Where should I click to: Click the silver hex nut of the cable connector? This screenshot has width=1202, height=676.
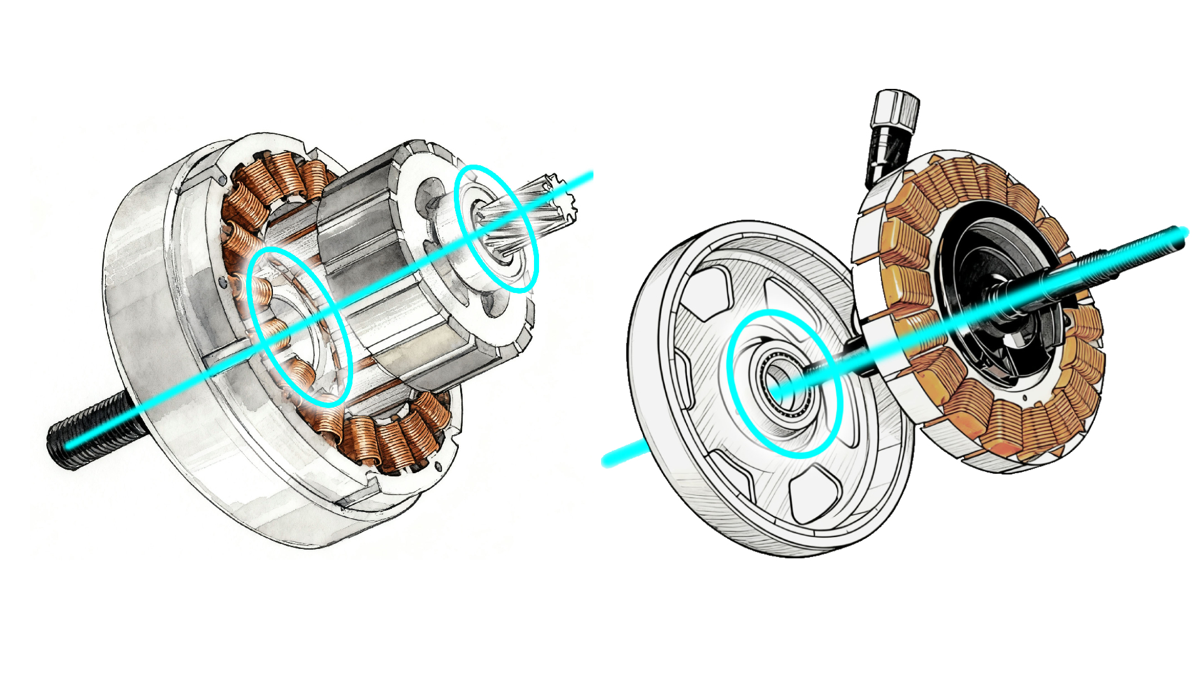pyautogui.click(x=896, y=110)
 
